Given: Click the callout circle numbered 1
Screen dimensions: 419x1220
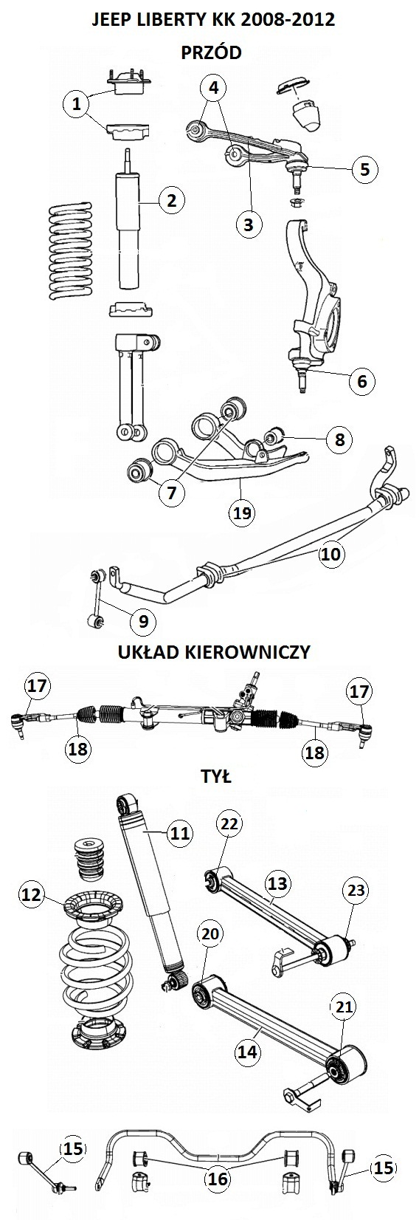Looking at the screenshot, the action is click(77, 103).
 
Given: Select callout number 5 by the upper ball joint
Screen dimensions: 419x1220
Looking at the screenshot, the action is click(364, 169).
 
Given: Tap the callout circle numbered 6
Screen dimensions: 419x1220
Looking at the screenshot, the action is click(362, 381).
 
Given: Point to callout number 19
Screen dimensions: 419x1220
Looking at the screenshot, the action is click(241, 512).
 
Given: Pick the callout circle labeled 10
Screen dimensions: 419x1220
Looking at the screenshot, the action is click(330, 554).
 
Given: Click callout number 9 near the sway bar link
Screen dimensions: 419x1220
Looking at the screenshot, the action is click(143, 621).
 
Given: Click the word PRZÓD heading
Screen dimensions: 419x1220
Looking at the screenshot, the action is click(211, 52).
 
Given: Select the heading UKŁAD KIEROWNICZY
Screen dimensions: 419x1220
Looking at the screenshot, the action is click(214, 652).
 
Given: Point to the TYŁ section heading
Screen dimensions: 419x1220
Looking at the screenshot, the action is click(216, 775).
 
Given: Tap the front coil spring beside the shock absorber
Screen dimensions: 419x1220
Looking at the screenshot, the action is click(71, 251).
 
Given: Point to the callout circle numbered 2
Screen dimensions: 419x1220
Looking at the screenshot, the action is click(173, 200).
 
